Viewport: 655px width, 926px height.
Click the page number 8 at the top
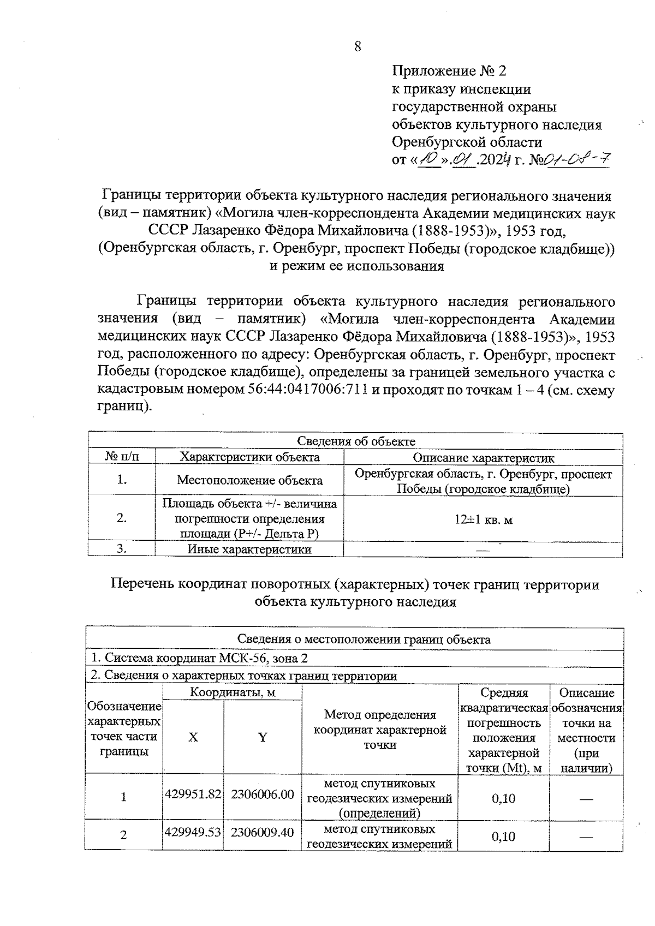(358, 46)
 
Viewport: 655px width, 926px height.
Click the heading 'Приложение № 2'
(449, 71)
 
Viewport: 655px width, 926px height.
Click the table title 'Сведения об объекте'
(355, 441)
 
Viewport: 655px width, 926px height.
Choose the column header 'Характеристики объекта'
(249, 457)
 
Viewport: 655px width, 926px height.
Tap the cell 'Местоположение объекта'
(249, 480)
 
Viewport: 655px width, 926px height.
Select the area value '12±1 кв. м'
(483, 519)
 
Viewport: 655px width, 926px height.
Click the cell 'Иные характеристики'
(249, 549)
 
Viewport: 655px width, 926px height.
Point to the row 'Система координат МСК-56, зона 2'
(199, 658)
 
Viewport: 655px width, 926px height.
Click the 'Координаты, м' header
(232, 692)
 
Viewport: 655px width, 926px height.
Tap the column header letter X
(193, 737)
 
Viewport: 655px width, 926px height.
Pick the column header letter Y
(263, 737)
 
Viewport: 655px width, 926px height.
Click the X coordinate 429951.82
(193, 794)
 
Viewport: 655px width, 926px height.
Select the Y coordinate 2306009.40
(263, 833)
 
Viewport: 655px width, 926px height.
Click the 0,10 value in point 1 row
(503, 799)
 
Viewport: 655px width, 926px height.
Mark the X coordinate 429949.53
(193, 833)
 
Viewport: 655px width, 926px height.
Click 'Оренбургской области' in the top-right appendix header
(467, 142)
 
